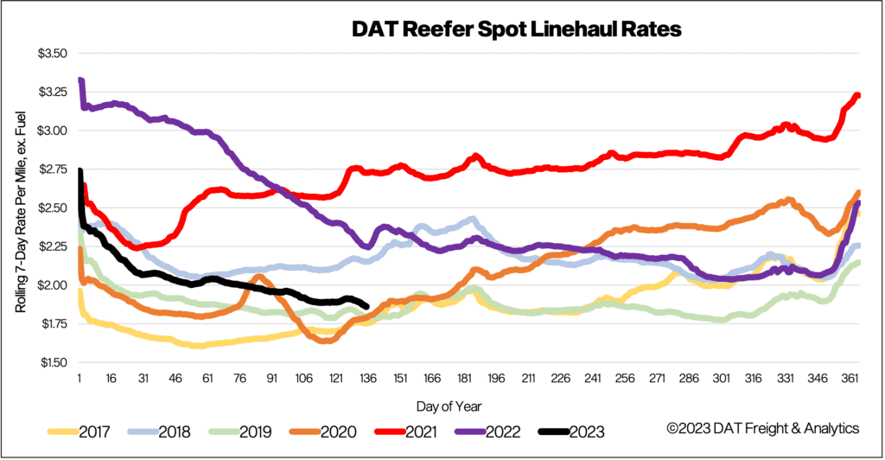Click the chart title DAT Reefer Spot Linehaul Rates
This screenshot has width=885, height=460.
pyautogui.click(x=516, y=30)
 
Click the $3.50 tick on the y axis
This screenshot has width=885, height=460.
pyautogui.click(x=52, y=54)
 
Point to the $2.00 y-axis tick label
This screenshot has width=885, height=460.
pyautogui.click(x=52, y=285)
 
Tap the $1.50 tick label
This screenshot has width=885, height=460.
pyautogui.click(x=52, y=362)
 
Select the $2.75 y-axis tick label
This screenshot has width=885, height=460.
pyautogui.click(x=52, y=169)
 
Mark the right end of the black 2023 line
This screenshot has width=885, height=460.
pyautogui.click(x=367, y=306)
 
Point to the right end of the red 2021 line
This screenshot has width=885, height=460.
pyautogui.click(x=858, y=96)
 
